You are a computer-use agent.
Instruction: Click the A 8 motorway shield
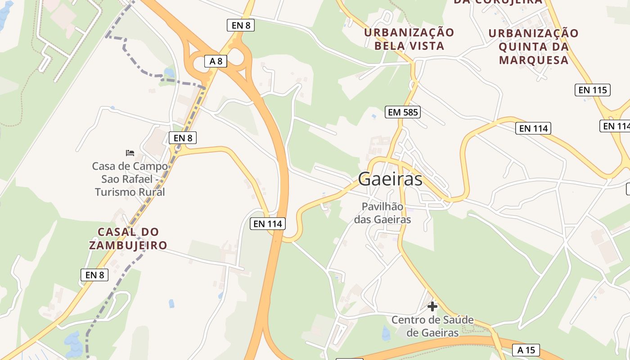pos(216,61)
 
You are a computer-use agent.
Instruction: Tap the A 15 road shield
pos(526,350)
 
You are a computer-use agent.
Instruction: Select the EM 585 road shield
pos(403,112)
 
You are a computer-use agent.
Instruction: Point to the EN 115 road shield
pos(593,90)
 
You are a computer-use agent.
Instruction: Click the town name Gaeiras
pos(390,179)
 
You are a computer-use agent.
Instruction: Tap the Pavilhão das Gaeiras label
pos(382,213)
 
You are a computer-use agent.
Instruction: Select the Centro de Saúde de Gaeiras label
pos(432,326)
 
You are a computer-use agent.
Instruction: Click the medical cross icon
pos(432,306)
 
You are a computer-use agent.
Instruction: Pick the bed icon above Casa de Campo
pos(130,153)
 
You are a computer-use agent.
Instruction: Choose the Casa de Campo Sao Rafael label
pos(130,179)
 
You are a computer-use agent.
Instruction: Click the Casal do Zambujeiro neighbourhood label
pos(128,239)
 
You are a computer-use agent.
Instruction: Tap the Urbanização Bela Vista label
pos(409,39)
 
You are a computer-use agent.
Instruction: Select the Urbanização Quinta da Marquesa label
pos(534,46)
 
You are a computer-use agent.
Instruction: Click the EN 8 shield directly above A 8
pos(241,25)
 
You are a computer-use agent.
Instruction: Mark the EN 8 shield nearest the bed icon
pos(183,138)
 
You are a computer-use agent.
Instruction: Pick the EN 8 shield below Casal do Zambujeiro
pos(94,274)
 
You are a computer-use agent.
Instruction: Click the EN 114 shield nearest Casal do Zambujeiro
pos(268,223)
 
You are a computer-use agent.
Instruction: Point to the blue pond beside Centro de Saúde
pos(386,333)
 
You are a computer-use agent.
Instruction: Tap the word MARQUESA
pos(534,60)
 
